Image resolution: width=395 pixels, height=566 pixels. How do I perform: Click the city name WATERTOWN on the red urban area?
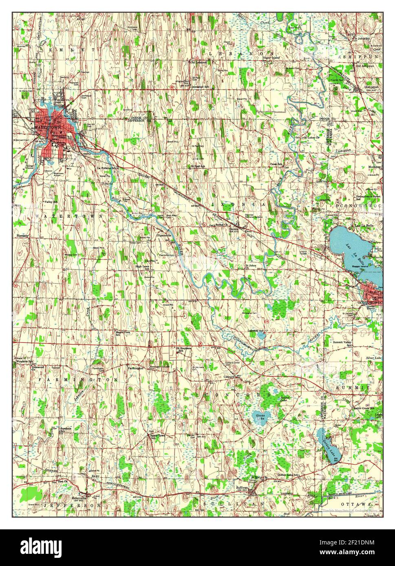[48, 127]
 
